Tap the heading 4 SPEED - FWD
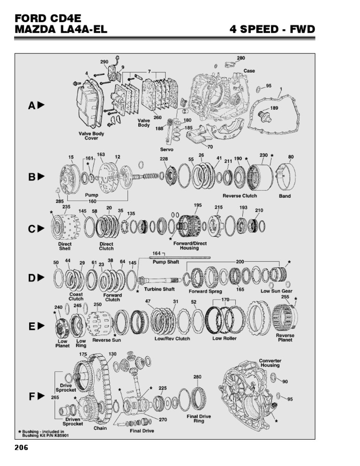[271, 30]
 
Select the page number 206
[22, 447]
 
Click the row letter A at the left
[32, 105]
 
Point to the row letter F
[32, 397]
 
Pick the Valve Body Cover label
[91, 136]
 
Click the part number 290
[104, 62]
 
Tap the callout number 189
[274, 108]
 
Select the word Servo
[167, 150]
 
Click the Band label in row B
[285, 196]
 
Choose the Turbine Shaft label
[162, 289]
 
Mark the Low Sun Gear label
[277, 291]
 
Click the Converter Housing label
[270, 363]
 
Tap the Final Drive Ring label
[199, 419]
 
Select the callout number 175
[83, 354]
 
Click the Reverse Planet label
[285, 338]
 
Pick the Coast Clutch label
[76, 296]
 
